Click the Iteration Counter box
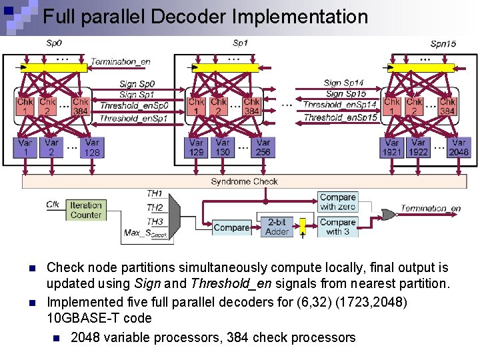(86, 210)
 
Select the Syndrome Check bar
(244, 181)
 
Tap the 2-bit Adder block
(278, 227)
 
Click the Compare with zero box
(337, 202)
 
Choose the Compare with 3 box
(337, 227)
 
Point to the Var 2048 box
(459, 147)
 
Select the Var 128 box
(92, 147)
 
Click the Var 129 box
(196, 147)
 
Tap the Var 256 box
(263, 147)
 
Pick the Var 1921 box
(392, 147)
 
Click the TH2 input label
(155, 207)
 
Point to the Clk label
(53, 204)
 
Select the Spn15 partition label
(443, 44)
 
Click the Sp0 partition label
(53, 43)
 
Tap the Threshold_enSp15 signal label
(340, 117)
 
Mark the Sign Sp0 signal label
(137, 84)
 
